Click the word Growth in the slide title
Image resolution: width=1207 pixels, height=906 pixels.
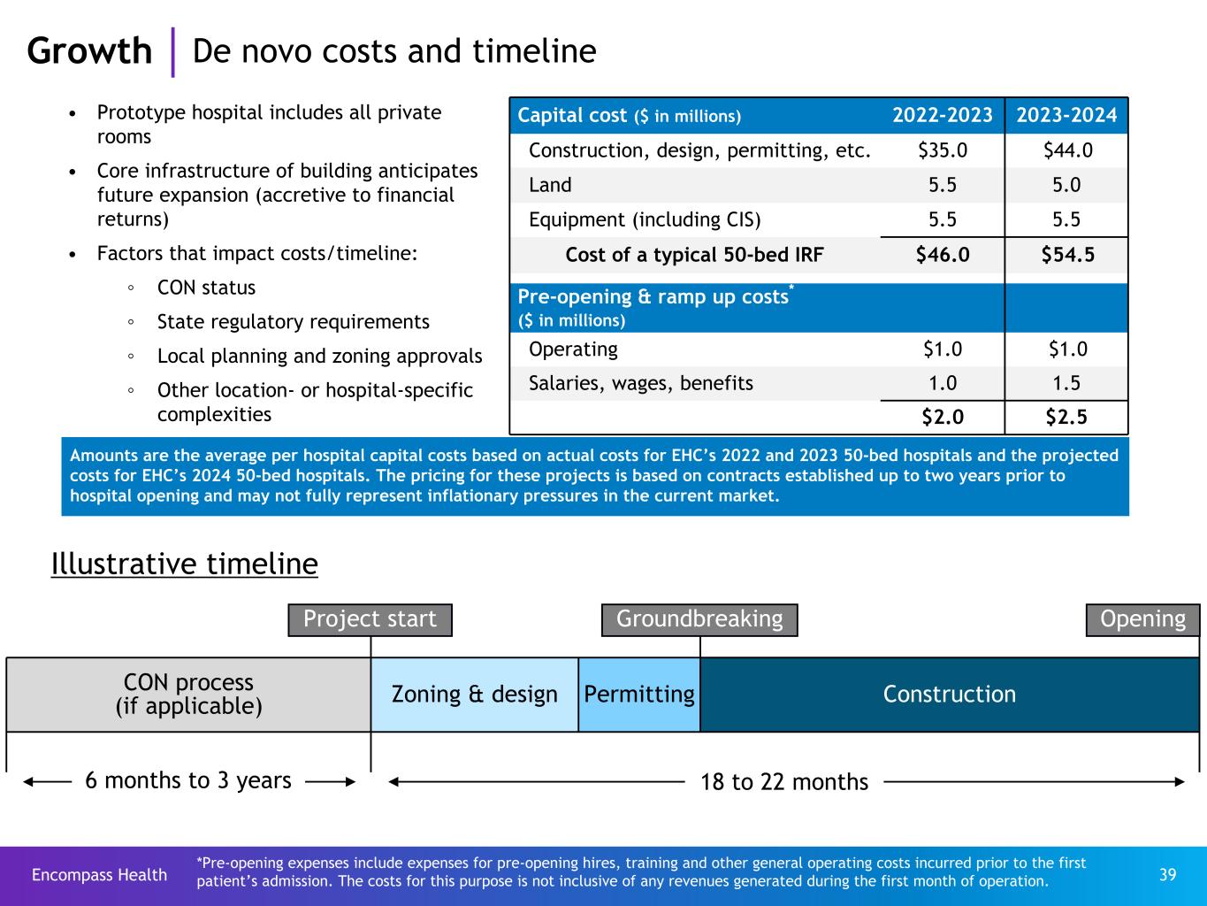click(89, 51)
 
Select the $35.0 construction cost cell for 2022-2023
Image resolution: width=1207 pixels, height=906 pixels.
click(943, 150)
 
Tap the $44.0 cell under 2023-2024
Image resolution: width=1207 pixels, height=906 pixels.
click(1067, 150)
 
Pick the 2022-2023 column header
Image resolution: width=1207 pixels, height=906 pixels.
click(943, 116)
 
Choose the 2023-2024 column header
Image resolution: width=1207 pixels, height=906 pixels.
click(1067, 116)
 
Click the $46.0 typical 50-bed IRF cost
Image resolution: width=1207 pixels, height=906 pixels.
click(943, 255)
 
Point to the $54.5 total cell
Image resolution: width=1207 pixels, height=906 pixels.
click(1067, 255)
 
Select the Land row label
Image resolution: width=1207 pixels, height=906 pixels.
click(550, 185)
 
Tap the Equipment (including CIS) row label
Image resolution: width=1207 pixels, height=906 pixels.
click(645, 219)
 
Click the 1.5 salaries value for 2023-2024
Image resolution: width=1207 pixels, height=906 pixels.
click(1067, 383)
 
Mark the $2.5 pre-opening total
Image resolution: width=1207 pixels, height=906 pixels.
click(1067, 418)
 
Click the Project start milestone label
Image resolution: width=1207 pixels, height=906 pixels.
click(370, 619)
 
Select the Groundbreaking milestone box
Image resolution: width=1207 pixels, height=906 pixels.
click(699, 619)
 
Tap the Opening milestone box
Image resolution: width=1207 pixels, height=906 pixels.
click(1142, 619)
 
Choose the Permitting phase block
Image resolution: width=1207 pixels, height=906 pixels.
click(639, 695)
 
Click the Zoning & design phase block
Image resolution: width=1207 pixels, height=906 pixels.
click(475, 695)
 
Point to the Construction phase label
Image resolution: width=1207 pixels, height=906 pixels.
click(950, 695)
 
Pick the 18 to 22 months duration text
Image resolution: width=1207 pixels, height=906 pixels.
click(784, 782)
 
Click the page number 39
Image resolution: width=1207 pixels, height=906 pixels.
click(1167, 875)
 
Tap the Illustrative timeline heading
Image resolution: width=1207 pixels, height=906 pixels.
click(185, 564)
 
